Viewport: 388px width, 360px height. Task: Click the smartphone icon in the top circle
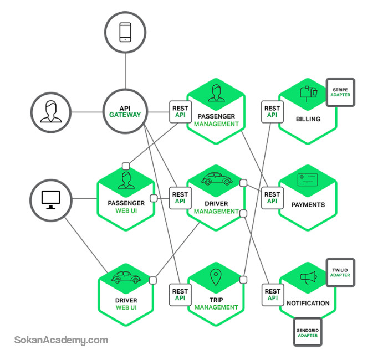(x=125, y=32)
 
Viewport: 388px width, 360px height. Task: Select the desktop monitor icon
(x=51, y=200)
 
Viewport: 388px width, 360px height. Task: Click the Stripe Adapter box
(x=340, y=92)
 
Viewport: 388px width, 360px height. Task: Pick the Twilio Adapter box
(x=340, y=272)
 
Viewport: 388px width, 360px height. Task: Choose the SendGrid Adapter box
(x=308, y=332)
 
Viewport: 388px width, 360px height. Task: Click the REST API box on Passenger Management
(x=180, y=112)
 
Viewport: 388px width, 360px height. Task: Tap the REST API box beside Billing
(x=273, y=112)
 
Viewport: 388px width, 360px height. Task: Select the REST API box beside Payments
(x=273, y=198)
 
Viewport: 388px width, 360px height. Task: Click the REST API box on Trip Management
(x=180, y=295)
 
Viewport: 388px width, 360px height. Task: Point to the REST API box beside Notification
(x=273, y=295)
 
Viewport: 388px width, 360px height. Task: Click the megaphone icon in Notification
(x=309, y=277)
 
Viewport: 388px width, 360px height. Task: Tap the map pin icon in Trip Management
(x=216, y=277)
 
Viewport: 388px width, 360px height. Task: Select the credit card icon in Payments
(x=308, y=180)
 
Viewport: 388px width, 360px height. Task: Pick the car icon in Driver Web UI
(x=126, y=277)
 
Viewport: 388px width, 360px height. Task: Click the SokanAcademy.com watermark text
(x=61, y=340)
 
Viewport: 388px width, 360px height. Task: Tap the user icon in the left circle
(x=51, y=111)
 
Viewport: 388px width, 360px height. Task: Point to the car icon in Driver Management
(x=217, y=179)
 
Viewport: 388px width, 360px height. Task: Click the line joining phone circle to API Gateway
(x=126, y=71)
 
